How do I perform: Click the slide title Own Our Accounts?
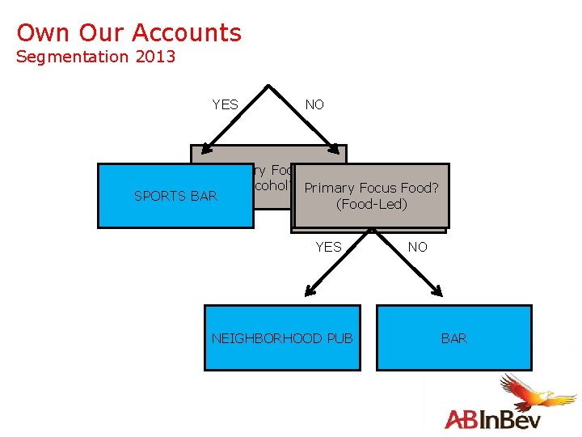(x=129, y=33)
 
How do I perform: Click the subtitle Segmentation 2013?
(x=95, y=57)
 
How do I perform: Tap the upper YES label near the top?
(x=225, y=104)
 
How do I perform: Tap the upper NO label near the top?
(x=314, y=104)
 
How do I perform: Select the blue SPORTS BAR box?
(x=175, y=196)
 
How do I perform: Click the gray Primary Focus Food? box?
(x=371, y=188)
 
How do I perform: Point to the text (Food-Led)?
(x=371, y=204)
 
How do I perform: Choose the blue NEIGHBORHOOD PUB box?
(x=282, y=338)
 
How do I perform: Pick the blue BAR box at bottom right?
(x=453, y=338)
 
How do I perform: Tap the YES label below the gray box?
(x=328, y=247)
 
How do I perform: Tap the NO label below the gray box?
(x=417, y=247)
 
